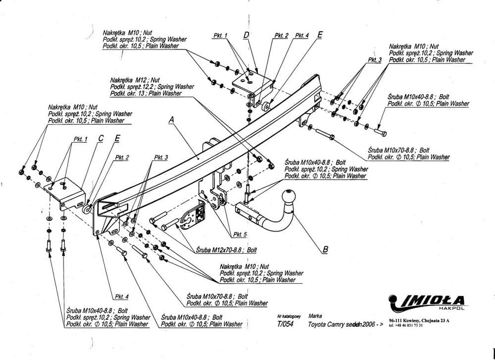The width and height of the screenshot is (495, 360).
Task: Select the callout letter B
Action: click(x=325, y=250)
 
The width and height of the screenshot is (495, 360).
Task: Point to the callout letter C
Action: click(x=100, y=139)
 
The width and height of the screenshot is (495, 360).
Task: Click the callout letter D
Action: click(x=246, y=35)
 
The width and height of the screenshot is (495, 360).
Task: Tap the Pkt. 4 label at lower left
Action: click(x=121, y=297)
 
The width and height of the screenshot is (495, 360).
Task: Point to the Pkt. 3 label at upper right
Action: click(x=375, y=59)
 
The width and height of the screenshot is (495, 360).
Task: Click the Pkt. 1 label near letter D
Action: click(x=220, y=36)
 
